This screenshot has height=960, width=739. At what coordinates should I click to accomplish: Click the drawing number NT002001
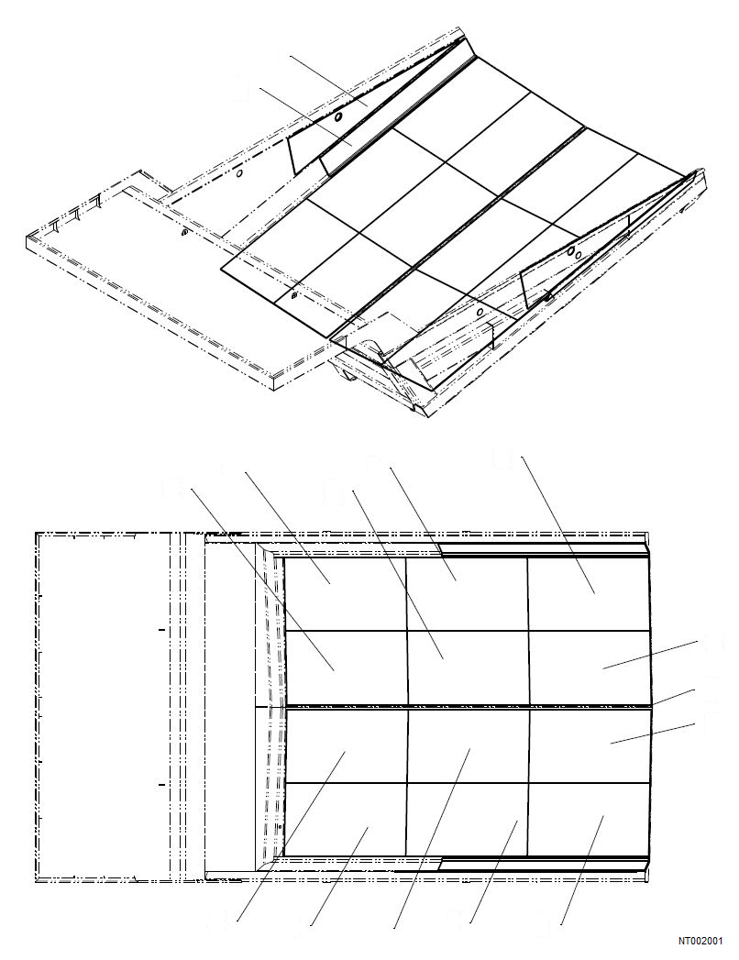(700, 941)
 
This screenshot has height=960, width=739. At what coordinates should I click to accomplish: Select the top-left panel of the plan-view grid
(345, 594)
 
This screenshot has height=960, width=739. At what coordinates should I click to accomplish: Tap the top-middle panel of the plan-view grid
(467, 594)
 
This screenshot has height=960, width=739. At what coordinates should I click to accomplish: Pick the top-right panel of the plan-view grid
(590, 594)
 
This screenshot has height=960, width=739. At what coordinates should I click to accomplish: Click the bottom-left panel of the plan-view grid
(345, 819)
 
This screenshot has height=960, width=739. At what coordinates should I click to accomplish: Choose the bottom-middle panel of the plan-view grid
(467, 819)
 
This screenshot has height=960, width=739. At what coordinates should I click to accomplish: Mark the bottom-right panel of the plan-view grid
(590, 819)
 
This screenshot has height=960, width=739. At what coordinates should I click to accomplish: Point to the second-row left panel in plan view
(345, 668)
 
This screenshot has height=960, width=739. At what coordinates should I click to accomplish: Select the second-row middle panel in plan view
(467, 668)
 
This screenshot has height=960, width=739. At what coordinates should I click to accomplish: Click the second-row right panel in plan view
(590, 668)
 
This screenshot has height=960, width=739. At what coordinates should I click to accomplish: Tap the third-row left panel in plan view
(345, 745)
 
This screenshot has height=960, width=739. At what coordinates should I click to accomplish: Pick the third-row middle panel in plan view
(467, 745)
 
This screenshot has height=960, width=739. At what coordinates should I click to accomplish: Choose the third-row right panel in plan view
(590, 745)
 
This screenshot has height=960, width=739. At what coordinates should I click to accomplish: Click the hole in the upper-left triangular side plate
(338, 118)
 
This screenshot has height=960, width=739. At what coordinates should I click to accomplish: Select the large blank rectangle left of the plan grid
(101, 706)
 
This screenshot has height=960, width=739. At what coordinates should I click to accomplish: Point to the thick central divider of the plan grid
(468, 706)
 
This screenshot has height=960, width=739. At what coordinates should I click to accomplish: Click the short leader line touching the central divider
(674, 697)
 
